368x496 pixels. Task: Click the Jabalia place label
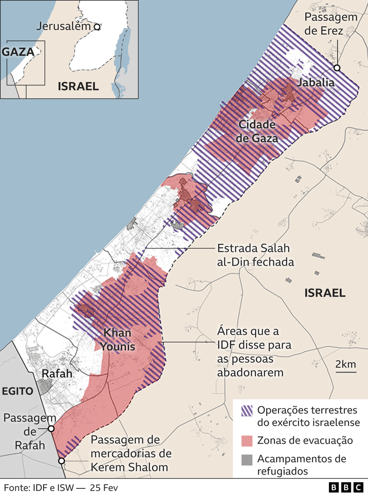coord(315,83)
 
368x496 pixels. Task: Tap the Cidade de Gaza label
coord(257,131)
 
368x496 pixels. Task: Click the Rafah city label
coord(57,374)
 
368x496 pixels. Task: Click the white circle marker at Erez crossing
coord(337,68)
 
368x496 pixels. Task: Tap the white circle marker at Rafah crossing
coord(51,428)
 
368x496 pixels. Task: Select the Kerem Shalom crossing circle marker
coord(61,461)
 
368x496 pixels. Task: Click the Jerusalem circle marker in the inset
coord(97,27)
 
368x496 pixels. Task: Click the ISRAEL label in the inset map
coord(78,86)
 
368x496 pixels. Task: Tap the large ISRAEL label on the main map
coord(325,293)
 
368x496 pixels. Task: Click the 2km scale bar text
coord(345,364)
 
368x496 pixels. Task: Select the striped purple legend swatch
coord(247,410)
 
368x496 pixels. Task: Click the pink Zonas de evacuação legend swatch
coord(247,440)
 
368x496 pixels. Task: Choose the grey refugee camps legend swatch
coord(247,459)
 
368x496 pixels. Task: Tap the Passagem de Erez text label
coord(330,23)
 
